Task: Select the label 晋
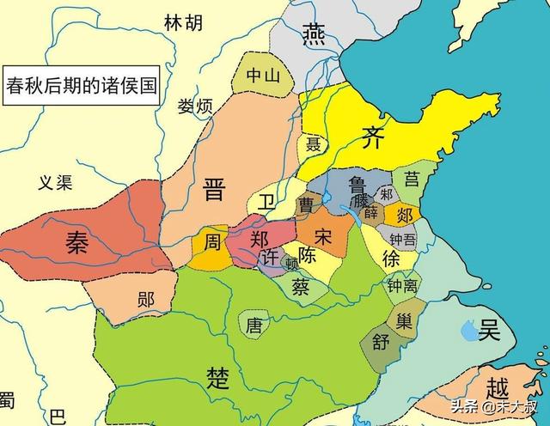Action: [213, 191]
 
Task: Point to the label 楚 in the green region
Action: [217, 375]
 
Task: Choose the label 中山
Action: [263, 76]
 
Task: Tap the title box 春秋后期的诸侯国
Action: [81, 86]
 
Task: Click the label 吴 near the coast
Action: [490, 328]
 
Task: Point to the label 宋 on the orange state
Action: [323, 234]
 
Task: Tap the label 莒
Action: [412, 179]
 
